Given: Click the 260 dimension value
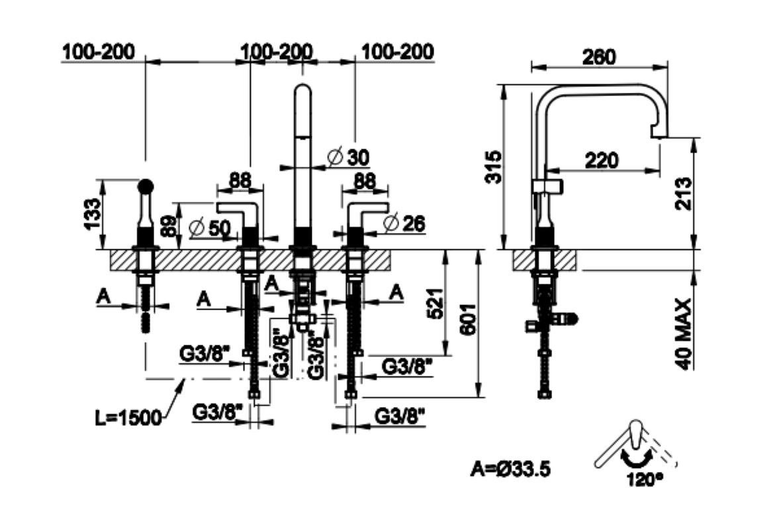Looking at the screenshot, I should pos(599,57).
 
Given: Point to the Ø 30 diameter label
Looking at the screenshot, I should pos(349,157).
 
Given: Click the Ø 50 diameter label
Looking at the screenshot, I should pos(209,227).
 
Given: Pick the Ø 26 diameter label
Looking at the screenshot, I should pos(403,223).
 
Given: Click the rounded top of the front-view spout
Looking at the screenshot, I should pos(302,89).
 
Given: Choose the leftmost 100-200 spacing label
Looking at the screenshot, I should pos(99,51).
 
